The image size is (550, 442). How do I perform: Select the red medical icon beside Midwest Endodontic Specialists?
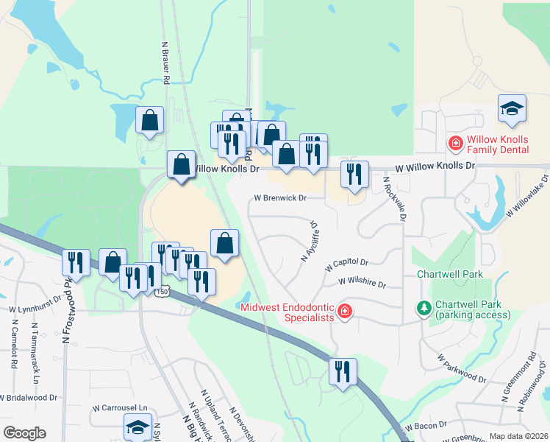[x=344, y=312]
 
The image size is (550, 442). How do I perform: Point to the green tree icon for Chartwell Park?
[x=424, y=307]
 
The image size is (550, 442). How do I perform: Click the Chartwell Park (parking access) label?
[x=472, y=309]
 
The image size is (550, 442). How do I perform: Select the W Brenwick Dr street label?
[x=279, y=198]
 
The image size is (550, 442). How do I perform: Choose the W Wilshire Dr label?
[x=362, y=281]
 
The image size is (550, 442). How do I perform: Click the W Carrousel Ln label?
[x=119, y=407]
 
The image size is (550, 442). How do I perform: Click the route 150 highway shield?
[x=162, y=292]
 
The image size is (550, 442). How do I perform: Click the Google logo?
[x=24, y=433]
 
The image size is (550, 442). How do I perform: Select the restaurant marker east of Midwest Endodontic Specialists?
[x=343, y=372]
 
